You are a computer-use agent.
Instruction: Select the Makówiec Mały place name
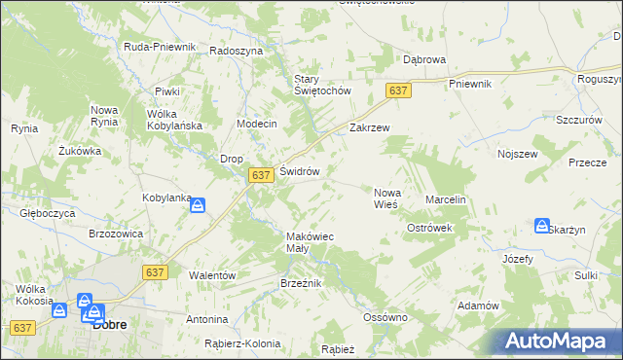[x=311, y=242]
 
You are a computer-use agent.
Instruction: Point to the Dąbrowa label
[x=424, y=59]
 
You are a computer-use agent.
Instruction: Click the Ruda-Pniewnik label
[x=161, y=47]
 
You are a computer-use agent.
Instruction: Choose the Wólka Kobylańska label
[x=173, y=120]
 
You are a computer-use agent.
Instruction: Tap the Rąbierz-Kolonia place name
[x=242, y=343]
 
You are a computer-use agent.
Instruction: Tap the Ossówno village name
[x=385, y=317]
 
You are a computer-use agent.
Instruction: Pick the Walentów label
[x=212, y=275]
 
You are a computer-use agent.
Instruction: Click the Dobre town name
[x=109, y=326]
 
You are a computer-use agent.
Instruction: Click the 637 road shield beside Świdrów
[x=259, y=175]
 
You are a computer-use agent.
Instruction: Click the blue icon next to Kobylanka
[x=198, y=205]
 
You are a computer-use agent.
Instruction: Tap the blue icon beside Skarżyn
[x=541, y=226]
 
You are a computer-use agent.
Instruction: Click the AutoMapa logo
[x=559, y=341]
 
